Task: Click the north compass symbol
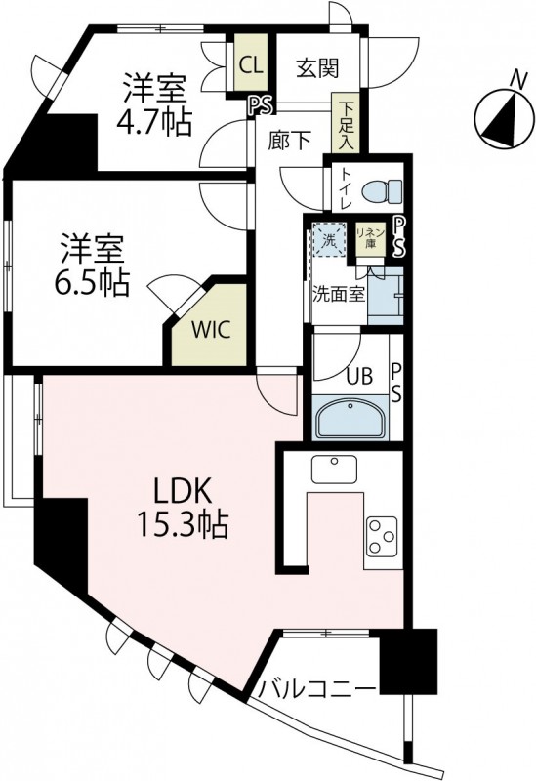tap(502, 119)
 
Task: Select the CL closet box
tap(251, 64)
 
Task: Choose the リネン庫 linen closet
tap(370, 238)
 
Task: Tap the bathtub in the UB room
tap(350, 418)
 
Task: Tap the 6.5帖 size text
tap(89, 282)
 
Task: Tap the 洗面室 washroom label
tap(339, 292)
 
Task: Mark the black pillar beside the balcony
tap(408, 661)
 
